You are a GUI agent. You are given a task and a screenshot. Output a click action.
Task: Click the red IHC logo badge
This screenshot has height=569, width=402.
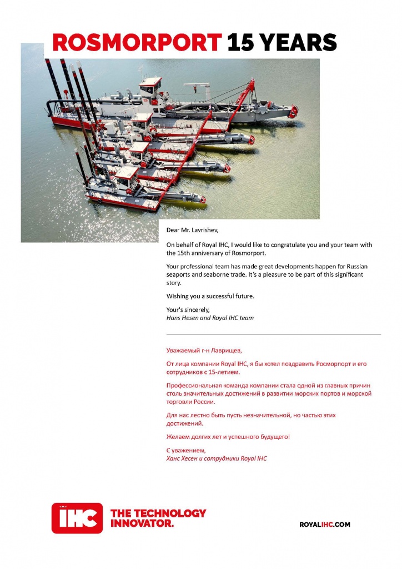click(x=77, y=517)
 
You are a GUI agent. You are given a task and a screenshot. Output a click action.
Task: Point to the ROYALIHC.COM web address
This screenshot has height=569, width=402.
click(x=325, y=524)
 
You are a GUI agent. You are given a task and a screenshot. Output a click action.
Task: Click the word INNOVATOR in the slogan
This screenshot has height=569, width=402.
click(x=142, y=523)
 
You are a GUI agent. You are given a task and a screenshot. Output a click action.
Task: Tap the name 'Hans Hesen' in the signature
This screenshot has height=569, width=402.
click(x=182, y=318)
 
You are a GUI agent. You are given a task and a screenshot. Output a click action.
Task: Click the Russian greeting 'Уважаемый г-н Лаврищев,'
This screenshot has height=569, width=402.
click(x=204, y=351)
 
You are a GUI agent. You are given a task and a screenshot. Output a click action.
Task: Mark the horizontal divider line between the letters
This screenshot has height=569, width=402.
click(x=274, y=334)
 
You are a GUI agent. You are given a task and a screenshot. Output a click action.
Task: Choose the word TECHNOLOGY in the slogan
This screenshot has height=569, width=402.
click(x=167, y=513)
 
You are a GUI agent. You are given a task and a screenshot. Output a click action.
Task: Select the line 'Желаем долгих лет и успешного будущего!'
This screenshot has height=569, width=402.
click(x=228, y=437)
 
